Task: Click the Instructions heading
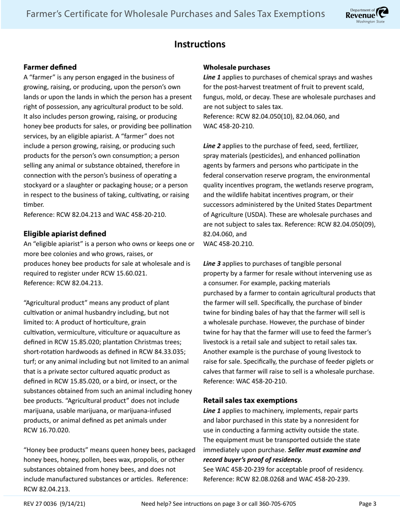pos(200,44)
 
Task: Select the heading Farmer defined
pos(50,67)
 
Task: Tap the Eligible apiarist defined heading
pos(65,234)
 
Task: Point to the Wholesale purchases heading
pos(237,67)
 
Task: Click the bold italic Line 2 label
pos(212,146)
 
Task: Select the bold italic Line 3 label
pos(212,263)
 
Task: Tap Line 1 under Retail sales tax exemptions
pos(212,410)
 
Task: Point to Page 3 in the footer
pos(368,504)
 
